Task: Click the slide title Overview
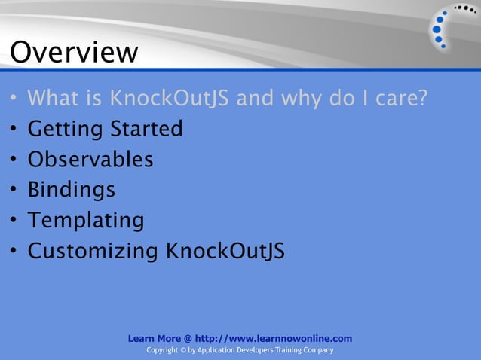tap(74, 53)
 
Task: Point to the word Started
tap(146, 130)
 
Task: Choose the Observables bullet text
tap(90, 160)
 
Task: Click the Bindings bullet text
tap(72, 190)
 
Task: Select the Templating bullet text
tap(85, 220)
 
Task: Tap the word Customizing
tap(93, 250)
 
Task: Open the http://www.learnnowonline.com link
tap(273, 339)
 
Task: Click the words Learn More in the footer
tap(154, 339)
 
